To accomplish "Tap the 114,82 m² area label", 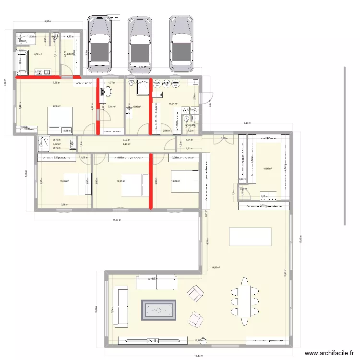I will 215,268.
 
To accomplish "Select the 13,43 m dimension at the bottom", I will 198,356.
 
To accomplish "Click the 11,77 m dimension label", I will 116,220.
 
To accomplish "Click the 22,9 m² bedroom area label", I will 57,106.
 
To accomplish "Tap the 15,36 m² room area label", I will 64,181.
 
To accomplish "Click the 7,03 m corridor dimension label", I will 126,140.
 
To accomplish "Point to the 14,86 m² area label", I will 267,168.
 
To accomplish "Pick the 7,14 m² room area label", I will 111,107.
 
